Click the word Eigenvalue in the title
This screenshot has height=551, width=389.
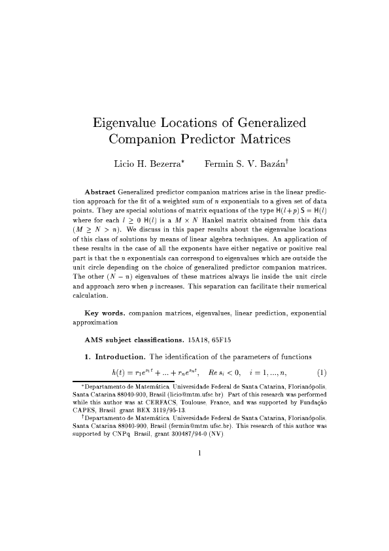pyautogui.click(x=129, y=123)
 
